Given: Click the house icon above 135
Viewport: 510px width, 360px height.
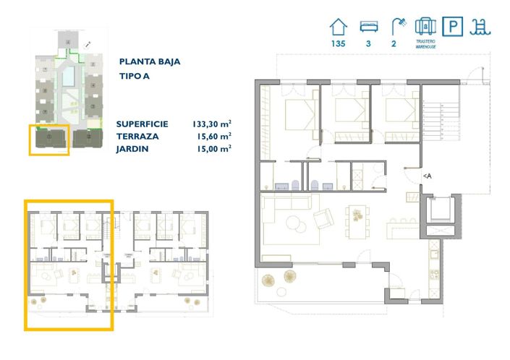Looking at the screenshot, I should point(338,27).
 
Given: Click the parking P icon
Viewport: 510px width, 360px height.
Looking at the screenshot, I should point(453,27).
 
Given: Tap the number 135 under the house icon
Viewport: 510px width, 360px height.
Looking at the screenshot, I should point(338,44).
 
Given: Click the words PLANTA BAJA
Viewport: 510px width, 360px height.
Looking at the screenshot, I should point(150,62).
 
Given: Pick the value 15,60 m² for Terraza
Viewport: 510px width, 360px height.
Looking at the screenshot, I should point(215,136).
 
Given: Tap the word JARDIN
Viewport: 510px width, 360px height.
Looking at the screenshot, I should point(132,148).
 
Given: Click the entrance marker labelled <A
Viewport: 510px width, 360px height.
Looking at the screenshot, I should point(428,176).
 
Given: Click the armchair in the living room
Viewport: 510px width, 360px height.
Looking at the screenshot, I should point(324,215).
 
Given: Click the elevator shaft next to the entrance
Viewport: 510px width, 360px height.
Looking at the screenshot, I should point(440,210).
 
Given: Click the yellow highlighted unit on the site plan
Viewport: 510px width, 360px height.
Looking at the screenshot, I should point(49,140).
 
